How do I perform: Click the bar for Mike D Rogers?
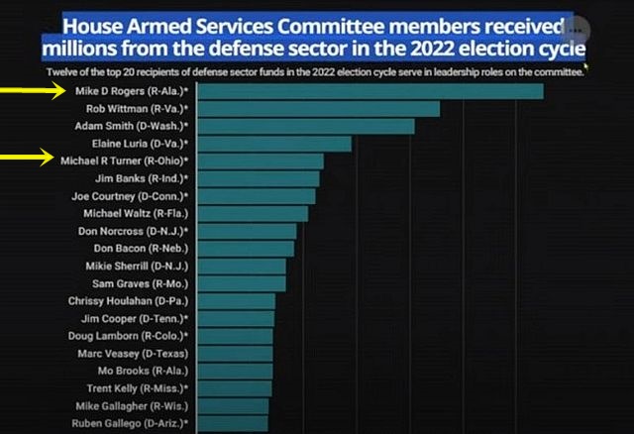tap(371, 91)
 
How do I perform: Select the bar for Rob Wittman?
tap(320, 109)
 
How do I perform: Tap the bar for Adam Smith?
tap(307, 126)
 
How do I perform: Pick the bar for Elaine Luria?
tap(275, 144)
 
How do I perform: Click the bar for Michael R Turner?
tap(262, 161)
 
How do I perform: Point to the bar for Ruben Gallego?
tap(234, 423)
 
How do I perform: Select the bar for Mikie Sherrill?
tap(243, 266)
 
